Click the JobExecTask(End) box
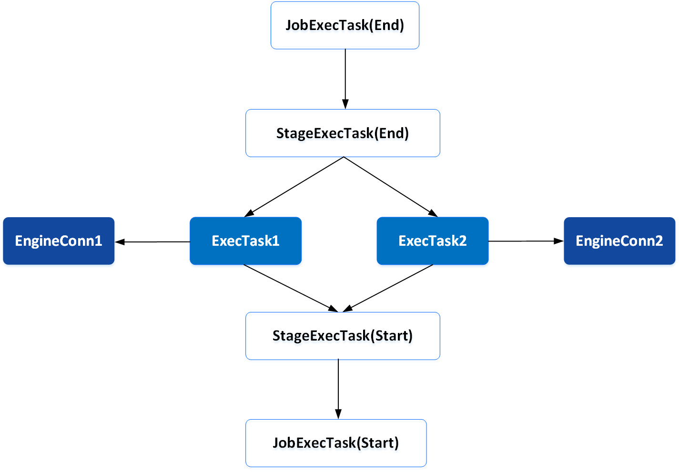(x=345, y=25)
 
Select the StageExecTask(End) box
(x=343, y=133)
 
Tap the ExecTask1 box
(x=245, y=241)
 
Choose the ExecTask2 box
(x=432, y=241)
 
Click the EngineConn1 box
(x=59, y=241)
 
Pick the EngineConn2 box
(x=619, y=241)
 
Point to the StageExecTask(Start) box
(x=343, y=336)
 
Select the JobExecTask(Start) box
(x=336, y=443)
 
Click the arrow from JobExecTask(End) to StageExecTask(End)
(x=345, y=76)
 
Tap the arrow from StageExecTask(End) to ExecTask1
(x=295, y=186)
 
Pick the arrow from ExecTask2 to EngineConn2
(x=524, y=241)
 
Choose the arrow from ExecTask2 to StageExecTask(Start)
(x=388, y=288)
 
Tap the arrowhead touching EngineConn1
(x=120, y=242)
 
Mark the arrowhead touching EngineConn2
(x=558, y=241)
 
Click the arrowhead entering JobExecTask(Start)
(x=338, y=414)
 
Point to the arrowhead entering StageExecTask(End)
(x=345, y=104)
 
